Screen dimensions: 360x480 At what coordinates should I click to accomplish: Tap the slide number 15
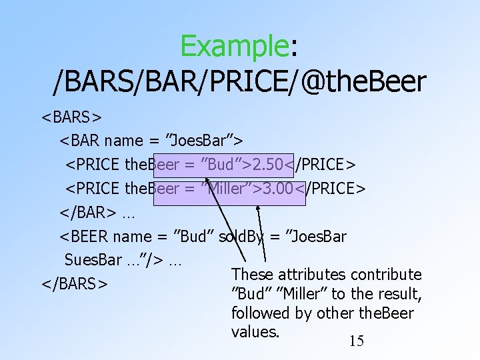(357, 341)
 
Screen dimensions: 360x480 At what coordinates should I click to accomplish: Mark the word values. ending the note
(255, 331)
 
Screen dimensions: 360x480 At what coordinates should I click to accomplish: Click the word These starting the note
(252, 275)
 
